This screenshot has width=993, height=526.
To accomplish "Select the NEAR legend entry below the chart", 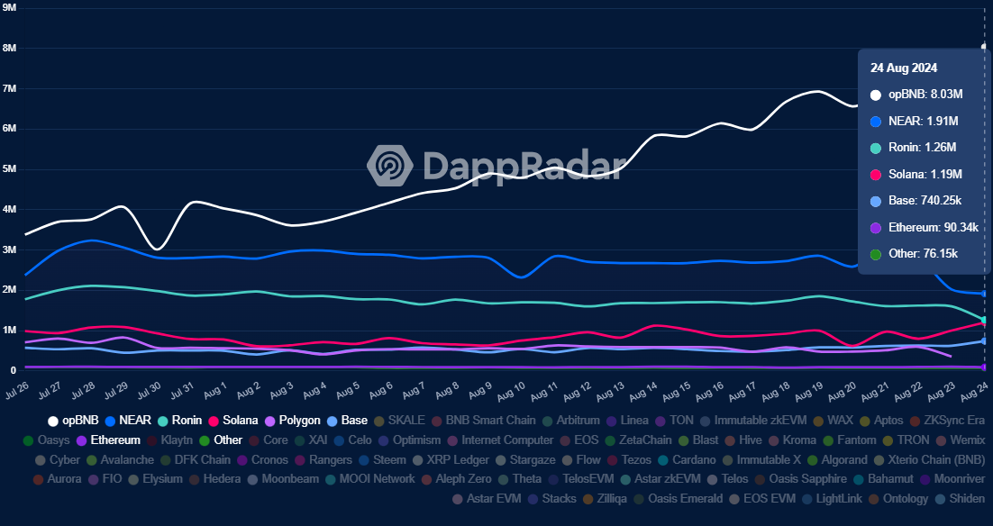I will tap(128, 420).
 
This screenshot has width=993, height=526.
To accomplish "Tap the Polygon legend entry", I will tap(292, 420).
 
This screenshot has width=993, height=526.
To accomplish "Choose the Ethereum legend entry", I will tap(108, 440).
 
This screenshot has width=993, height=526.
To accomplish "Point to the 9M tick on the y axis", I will tap(11, 7).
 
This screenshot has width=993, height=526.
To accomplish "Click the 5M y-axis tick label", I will tap(11, 168).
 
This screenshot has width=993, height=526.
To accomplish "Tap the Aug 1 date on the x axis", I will tap(214, 391).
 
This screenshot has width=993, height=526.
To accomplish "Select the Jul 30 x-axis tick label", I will tap(149, 391).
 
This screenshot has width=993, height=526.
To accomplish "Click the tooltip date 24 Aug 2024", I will tap(903, 68).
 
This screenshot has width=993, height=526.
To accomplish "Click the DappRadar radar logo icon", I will tap(389, 165).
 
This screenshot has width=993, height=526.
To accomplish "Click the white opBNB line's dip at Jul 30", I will tap(158, 249).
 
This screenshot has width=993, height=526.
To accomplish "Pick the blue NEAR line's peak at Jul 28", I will tap(92, 240).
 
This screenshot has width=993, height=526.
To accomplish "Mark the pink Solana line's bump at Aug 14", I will tap(658, 325).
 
